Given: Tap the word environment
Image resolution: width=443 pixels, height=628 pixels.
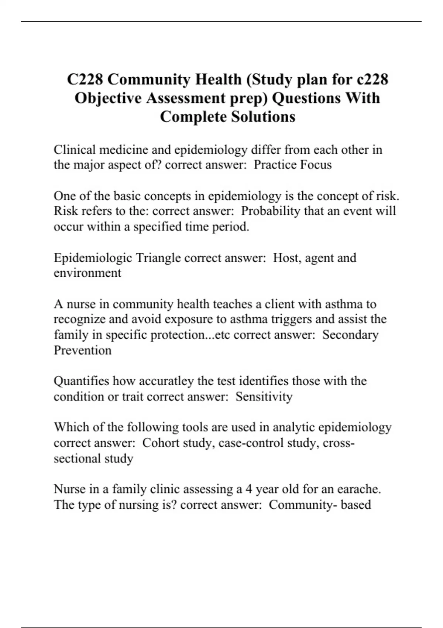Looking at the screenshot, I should point(87,273).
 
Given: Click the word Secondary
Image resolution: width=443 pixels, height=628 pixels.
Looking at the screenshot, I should point(350,334).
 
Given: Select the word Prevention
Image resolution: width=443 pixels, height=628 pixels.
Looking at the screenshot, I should point(83,350).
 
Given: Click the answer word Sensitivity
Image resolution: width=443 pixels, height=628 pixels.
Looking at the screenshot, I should point(264,396).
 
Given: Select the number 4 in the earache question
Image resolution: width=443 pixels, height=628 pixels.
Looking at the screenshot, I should point(249,489).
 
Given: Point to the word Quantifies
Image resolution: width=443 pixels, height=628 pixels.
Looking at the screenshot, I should point(81,381).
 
